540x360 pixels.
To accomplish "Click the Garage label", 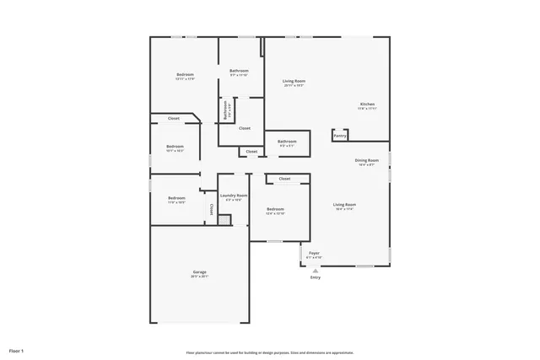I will pos(200,272).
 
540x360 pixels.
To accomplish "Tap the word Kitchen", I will pos(367,104).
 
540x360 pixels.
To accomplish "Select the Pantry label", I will pos(339,135).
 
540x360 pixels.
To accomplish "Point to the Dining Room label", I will pos(367,160).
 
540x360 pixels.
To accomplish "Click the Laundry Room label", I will pos(234,196).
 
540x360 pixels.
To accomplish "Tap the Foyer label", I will pos(314,252).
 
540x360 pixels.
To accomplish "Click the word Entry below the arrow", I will pos(316,277).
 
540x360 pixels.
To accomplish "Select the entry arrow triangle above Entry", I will pos(316,270).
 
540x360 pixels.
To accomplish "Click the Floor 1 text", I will pos(17,350).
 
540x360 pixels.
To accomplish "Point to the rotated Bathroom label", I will pos(225,110).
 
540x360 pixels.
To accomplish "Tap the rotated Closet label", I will pos(211,209).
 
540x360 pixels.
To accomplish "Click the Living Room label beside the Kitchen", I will pos(294,81).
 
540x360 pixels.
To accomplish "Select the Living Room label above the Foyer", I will pos(344,205).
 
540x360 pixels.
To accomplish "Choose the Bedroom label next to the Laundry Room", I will pos(276,209).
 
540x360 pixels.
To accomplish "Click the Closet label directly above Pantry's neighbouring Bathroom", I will pos(244,128).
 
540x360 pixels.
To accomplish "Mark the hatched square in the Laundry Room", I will pos(224,220).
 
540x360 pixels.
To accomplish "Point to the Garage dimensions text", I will pos(200,277).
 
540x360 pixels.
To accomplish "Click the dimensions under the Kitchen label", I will pos(367,109).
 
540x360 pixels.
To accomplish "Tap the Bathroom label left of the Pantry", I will pos(288,141).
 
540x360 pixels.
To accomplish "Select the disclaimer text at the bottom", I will pos(270,352).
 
